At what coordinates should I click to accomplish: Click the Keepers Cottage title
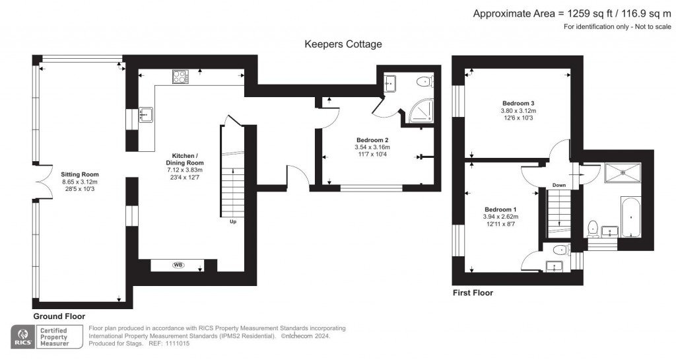pyautogui.click(x=343, y=44)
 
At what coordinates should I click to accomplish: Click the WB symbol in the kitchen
pyautogui.click(x=178, y=265)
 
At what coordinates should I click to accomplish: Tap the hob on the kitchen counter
pyautogui.click(x=181, y=77)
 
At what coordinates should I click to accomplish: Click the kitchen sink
pyautogui.click(x=146, y=115)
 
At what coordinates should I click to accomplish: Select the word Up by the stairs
pyautogui.click(x=233, y=221)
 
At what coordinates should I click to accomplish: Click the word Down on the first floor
pyautogui.click(x=559, y=186)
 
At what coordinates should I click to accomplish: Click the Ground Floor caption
pyautogui.click(x=59, y=316)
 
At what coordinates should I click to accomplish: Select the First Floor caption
pyautogui.click(x=473, y=293)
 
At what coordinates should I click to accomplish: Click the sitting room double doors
pyautogui.click(x=42, y=182)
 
